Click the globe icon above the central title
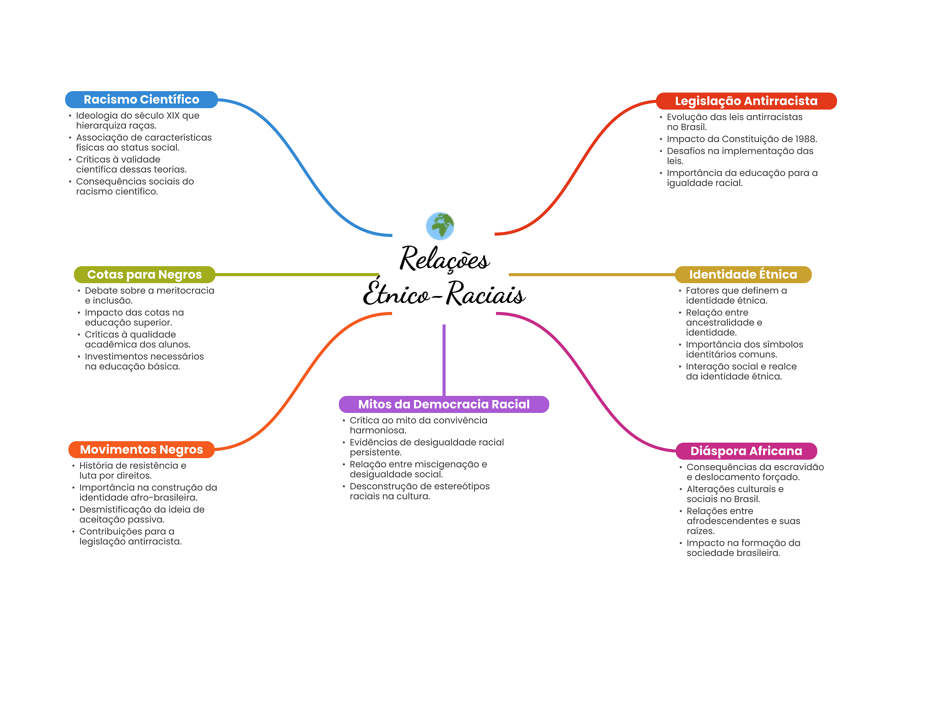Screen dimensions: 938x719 (440, 226)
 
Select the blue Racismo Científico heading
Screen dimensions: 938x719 (142, 99)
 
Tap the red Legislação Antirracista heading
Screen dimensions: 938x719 (746, 101)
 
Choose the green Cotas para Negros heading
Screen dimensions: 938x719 (144, 274)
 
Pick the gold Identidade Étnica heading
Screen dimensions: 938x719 (743, 274)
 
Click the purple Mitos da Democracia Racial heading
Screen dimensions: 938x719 (444, 404)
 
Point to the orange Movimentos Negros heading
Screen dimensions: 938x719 (142, 450)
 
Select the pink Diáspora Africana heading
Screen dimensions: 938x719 (746, 451)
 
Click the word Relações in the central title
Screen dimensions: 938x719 (445, 258)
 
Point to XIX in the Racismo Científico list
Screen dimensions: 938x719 (173, 115)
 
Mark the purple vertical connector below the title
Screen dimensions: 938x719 (444, 360)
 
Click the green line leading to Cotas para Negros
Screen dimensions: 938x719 (297, 274)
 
